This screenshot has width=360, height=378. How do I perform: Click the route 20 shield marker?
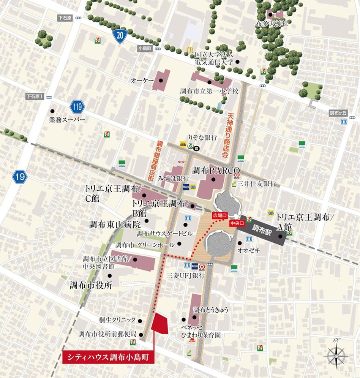tap(120, 36)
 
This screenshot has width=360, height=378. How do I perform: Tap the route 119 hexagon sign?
tap(77, 107)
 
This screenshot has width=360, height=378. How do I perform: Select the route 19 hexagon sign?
tap(19, 176)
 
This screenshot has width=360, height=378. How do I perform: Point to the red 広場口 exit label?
tap(219, 215)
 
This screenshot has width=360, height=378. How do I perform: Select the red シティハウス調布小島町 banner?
tap(108, 357)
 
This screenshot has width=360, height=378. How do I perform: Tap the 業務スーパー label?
tap(67, 120)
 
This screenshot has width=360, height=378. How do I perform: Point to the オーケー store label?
tap(142, 81)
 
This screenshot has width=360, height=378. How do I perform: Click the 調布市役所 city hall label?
tap(90, 285)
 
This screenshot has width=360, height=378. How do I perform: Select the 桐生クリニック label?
tap(117, 320)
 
